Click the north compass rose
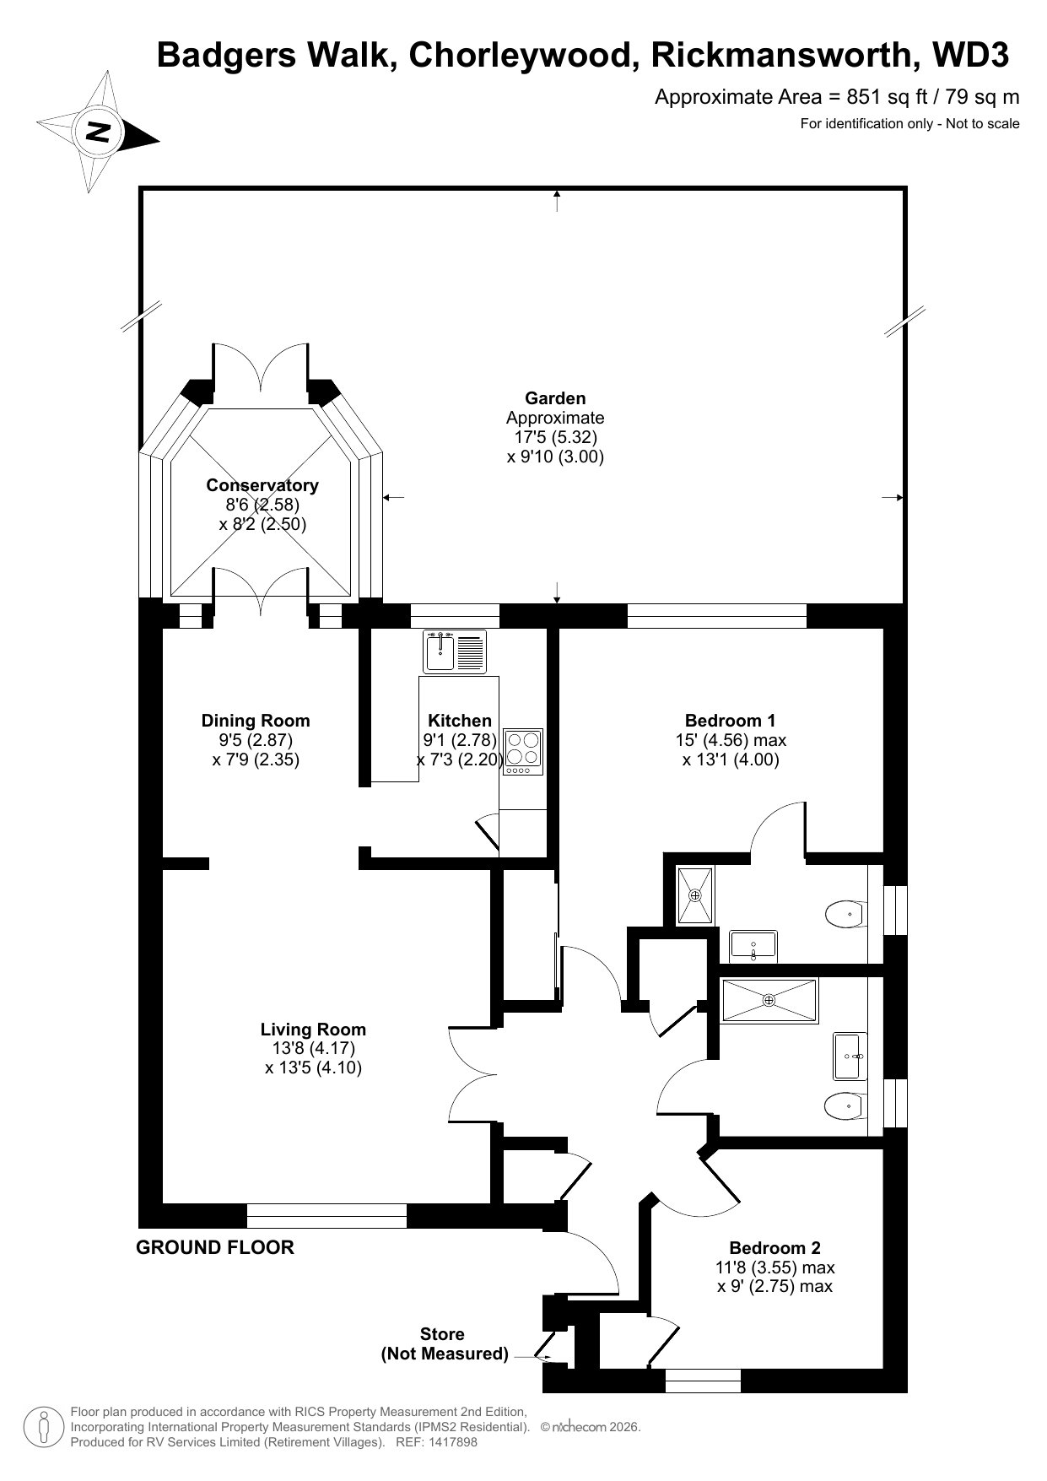tap(98, 132)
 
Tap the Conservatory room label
tap(262, 485)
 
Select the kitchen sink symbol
tap(455, 651)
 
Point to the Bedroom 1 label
tap(730, 721)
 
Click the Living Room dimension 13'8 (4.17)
tap(313, 1048)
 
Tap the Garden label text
tap(555, 398)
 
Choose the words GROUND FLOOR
tap(215, 1247)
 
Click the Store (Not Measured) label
tap(444, 1344)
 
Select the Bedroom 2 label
tap(774, 1248)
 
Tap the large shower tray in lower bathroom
tap(769, 1001)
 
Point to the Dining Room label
tap(256, 721)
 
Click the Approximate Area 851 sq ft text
tap(837, 97)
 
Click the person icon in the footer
tap(43, 1428)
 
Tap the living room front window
tap(327, 1216)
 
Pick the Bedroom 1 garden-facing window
tap(716, 616)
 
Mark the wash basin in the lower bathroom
tap(850, 1056)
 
